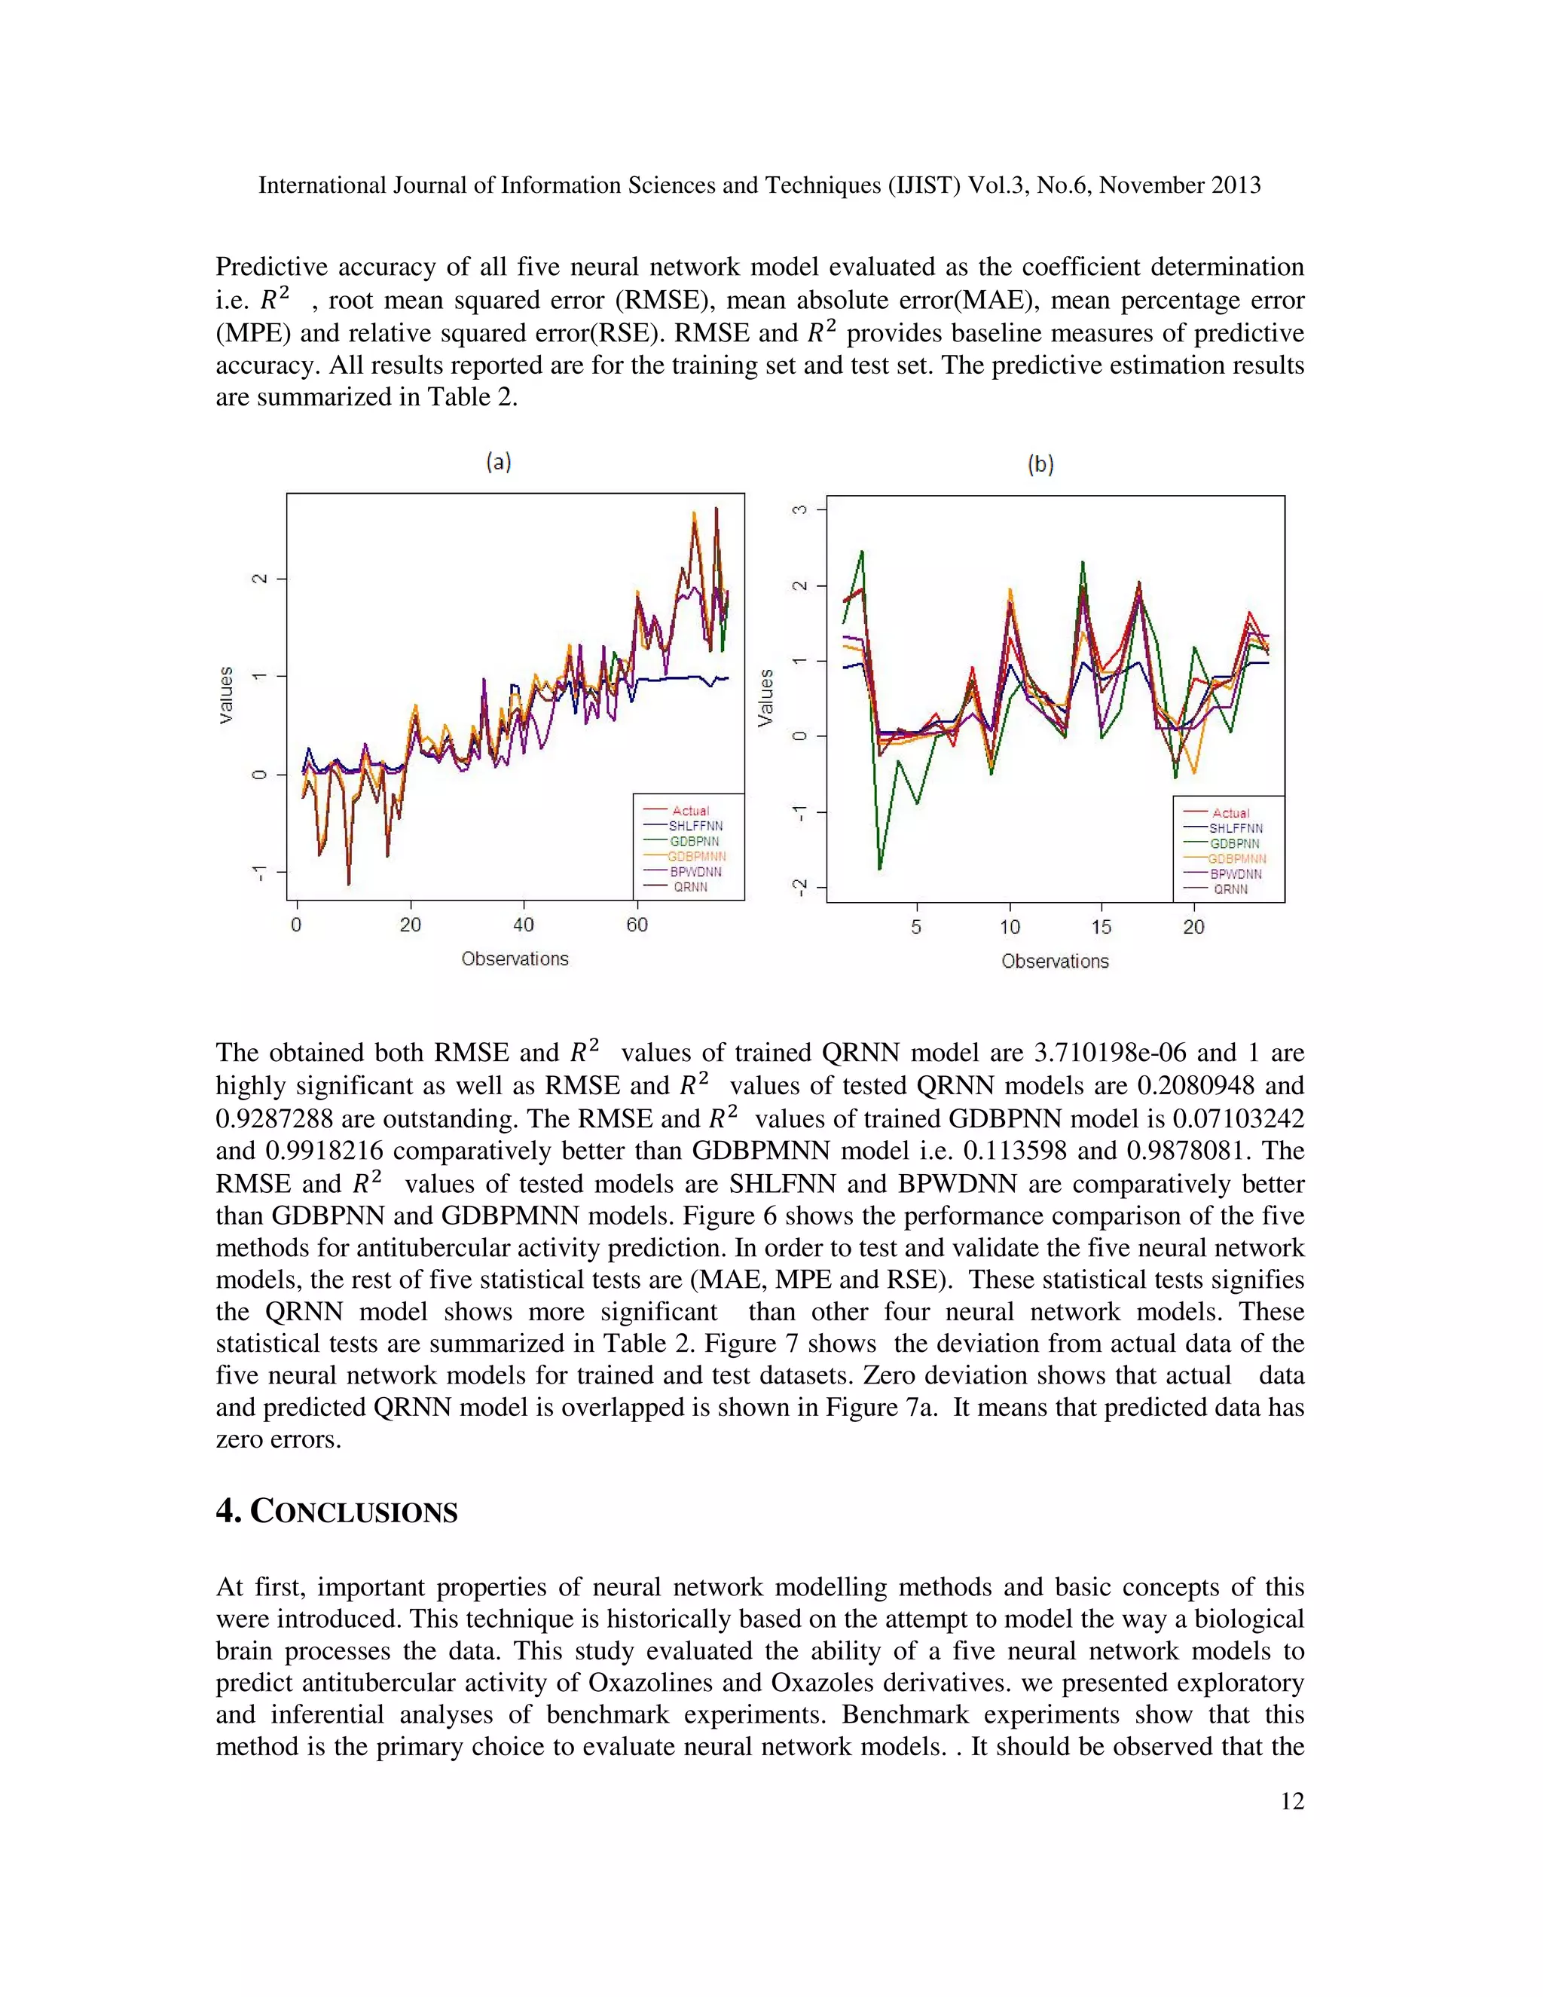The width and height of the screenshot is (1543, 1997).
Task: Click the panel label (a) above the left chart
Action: click(x=498, y=462)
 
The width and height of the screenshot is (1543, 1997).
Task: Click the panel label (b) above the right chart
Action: click(x=1040, y=464)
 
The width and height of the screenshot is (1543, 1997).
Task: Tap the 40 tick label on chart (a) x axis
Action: click(x=523, y=925)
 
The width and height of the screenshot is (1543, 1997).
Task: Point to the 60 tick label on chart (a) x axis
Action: click(x=637, y=925)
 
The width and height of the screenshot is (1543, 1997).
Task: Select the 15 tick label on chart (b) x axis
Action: click(x=1101, y=927)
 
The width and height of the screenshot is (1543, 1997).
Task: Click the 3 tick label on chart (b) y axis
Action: click(x=800, y=509)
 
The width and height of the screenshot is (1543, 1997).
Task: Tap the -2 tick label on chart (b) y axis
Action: click(x=800, y=887)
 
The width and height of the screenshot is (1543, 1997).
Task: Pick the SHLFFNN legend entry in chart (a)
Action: click(x=695, y=826)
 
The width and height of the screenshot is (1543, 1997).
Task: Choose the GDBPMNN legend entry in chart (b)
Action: click(x=1237, y=858)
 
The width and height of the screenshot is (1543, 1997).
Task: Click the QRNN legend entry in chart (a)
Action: click(x=690, y=887)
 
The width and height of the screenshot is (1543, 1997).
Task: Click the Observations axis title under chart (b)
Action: click(x=1055, y=961)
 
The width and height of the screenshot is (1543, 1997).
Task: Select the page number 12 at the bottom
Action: click(x=1291, y=1801)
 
